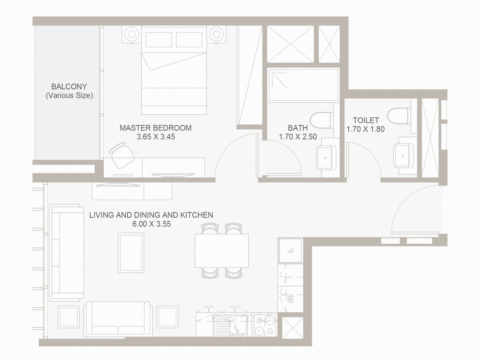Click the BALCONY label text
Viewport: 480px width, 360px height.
pyautogui.click(x=69, y=86)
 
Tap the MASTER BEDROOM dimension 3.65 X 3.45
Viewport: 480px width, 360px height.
pyautogui.click(x=156, y=136)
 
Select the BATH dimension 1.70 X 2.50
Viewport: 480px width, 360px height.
pyautogui.click(x=298, y=136)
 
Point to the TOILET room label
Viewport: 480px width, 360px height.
pyautogui.click(x=366, y=120)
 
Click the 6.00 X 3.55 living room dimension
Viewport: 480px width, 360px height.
pyautogui.click(x=151, y=224)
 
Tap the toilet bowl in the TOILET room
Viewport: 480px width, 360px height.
pyautogui.click(x=400, y=116)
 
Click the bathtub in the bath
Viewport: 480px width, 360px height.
pyautogui.click(x=303, y=84)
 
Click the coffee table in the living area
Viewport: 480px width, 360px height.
pyautogui.click(x=131, y=253)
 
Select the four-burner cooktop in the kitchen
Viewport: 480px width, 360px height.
pyautogui.click(x=265, y=325)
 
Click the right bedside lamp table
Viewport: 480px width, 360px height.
pyautogui.click(x=216, y=34)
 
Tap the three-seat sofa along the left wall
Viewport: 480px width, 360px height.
pyautogui.click(x=61, y=253)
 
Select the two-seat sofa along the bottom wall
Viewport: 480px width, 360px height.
pyautogui.click(x=118, y=319)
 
